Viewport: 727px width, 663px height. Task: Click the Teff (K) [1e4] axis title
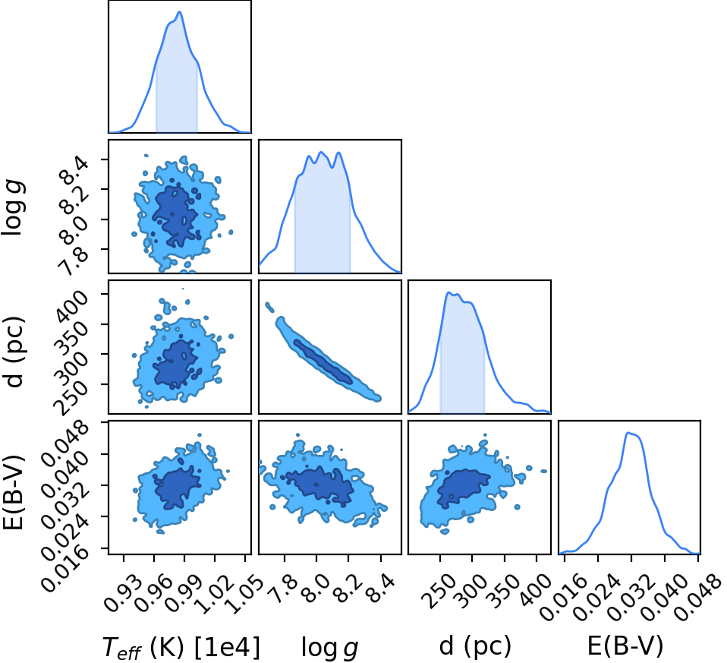pos(181,648)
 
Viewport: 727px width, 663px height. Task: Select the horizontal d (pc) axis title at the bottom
pos(475,646)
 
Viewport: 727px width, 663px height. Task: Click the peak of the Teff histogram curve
pos(179,12)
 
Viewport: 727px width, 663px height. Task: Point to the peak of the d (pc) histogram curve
pos(448,292)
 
